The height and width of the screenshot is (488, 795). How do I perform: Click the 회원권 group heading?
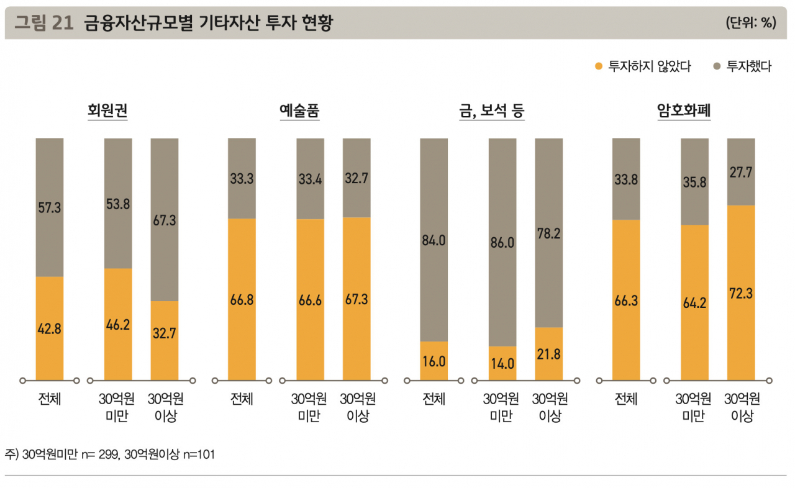[107, 111]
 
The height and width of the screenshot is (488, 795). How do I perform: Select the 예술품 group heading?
[299, 111]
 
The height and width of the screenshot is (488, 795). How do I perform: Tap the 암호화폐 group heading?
[684, 111]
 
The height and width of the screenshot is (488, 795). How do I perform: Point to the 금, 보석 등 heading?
[491, 111]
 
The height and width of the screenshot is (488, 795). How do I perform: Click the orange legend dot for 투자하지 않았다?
[598, 66]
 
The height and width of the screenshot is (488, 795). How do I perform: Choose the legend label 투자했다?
[749, 66]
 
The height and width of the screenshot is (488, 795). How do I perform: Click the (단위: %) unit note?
[751, 23]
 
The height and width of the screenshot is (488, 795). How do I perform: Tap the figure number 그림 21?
[44, 23]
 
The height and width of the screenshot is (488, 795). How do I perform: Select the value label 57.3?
[50, 207]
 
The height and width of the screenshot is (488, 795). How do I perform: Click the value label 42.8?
[50, 329]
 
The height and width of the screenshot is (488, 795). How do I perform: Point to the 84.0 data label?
[434, 240]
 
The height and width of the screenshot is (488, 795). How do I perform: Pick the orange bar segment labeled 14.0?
[502, 363]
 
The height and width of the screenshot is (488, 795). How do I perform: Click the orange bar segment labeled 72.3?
[741, 292]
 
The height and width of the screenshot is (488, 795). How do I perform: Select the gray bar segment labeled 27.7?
[741, 172]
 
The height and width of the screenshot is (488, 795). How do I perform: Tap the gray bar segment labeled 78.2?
[548, 233]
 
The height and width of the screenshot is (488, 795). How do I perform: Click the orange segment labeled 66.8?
[242, 299]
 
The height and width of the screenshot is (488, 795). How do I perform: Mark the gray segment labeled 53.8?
[118, 203]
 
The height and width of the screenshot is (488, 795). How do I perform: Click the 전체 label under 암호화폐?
[626, 399]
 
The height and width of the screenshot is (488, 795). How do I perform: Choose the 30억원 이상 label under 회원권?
[165, 407]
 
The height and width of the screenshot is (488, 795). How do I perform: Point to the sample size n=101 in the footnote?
[199, 454]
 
